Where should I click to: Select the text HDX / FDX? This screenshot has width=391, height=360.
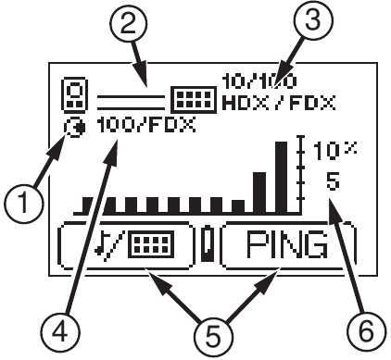pyautogui.click(x=280, y=98)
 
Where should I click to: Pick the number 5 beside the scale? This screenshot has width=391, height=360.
pyautogui.click(x=331, y=181)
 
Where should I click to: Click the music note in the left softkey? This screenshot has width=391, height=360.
pyautogui.click(x=113, y=245)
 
